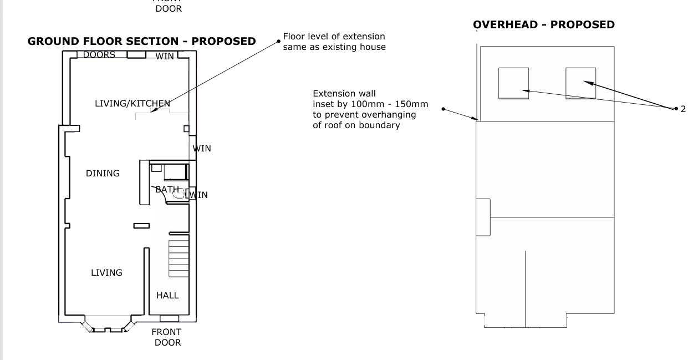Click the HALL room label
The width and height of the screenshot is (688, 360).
[167, 295]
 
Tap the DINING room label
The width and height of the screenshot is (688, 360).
[103, 173]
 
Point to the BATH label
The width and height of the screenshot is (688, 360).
[167, 189]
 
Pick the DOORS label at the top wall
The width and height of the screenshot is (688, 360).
[99, 55]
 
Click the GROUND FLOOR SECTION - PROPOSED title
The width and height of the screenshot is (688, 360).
[141, 42]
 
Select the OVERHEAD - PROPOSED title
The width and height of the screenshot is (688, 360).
[544, 24]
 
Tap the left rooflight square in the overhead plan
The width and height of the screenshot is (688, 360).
[513, 83]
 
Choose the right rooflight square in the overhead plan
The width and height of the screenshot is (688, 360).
[580, 83]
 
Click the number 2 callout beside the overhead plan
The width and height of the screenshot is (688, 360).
[683, 109]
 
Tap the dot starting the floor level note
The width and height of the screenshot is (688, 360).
[279, 42]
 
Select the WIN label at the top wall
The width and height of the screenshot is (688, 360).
[165, 56]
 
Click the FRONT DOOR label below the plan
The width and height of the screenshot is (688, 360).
[167, 337]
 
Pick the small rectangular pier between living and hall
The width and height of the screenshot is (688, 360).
[141, 226]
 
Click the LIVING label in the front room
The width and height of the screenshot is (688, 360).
[106, 272]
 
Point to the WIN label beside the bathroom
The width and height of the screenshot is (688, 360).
[199, 195]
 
